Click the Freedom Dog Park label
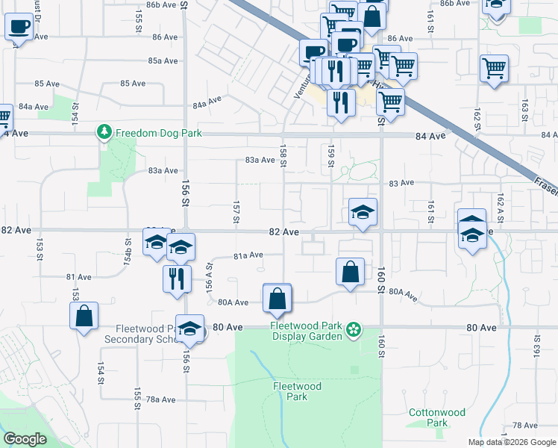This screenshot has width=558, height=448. coord(159,134)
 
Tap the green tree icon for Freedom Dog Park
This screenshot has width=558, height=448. coord(104,133)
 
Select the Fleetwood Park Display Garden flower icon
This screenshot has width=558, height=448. coord(354,329)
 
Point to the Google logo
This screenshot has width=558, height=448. coord(25,439)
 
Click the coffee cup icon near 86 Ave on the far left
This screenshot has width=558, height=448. coord(19,28)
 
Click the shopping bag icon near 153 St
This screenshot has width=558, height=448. coord(84,316)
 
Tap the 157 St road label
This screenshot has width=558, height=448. coord(236,211)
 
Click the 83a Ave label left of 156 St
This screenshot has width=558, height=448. coord(163,170)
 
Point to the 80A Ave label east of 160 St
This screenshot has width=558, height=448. coord(404,294)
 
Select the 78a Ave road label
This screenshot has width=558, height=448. coord(160,399)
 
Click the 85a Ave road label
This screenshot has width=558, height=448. coord(163,60)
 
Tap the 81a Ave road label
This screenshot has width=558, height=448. coord(248,255)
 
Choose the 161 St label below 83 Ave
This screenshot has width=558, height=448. coord(431,207)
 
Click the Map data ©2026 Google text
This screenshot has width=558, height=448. coord(511,442)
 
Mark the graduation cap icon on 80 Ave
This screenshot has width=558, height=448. coord(190,329)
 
